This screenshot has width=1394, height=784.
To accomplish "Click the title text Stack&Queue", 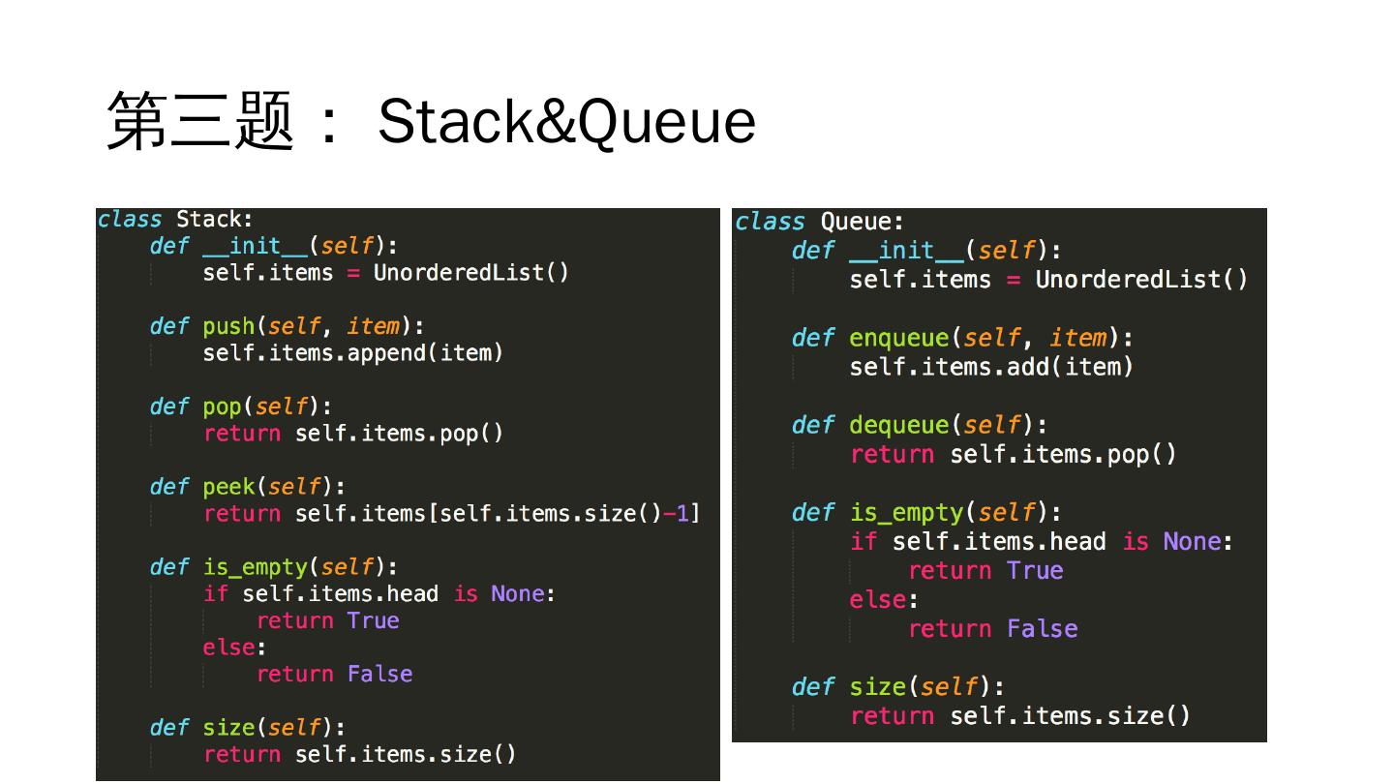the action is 566,122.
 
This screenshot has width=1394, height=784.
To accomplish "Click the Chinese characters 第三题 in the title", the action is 200,122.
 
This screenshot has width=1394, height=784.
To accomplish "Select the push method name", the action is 227,326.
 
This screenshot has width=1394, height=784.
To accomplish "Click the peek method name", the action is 227,486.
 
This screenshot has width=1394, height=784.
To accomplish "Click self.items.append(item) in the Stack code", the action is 352,353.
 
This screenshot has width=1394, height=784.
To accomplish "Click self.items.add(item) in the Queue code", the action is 990,367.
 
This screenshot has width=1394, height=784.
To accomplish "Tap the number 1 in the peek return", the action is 682,513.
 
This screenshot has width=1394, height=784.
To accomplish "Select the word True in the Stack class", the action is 373,620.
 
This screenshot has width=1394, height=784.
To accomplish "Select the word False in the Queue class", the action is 1042,629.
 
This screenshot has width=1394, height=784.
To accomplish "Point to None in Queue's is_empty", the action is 1192,541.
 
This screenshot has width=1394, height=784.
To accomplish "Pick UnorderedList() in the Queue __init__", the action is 1141,280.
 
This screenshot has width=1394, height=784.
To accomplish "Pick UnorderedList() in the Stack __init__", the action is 470,273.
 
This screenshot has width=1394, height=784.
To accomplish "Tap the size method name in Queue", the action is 877,687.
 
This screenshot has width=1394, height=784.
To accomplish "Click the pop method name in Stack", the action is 221,407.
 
